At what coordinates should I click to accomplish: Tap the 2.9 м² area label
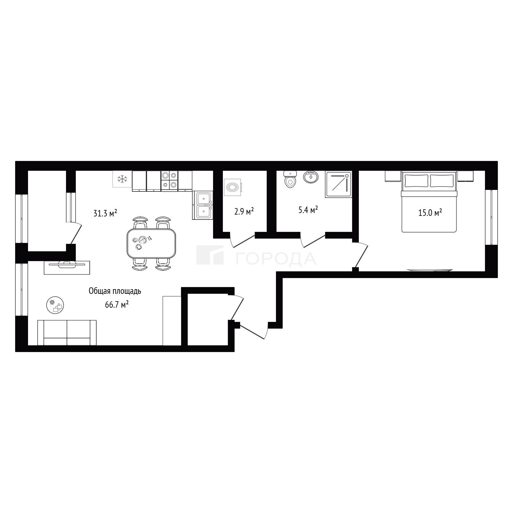(244, 211)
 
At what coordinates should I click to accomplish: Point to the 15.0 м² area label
(430, 213)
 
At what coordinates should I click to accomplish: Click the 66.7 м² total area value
(117, 305)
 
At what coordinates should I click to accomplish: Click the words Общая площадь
(115, 291)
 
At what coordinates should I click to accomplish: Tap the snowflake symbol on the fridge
(122, 179)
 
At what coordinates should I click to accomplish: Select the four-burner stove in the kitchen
(169, 181)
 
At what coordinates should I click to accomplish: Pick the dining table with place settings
(151, 244)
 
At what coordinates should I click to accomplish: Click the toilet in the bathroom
(290, 179)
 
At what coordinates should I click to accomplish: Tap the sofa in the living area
(67, 333)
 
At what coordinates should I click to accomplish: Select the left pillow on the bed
(416, 181)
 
